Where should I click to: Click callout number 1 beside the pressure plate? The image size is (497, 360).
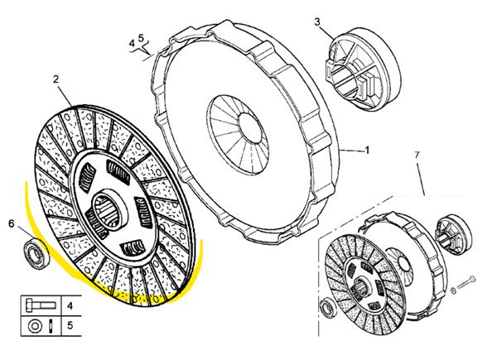click(x=367, y=150)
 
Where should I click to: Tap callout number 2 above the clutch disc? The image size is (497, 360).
click(x=55, y=79)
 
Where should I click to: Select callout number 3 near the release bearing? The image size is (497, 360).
click(x=317, y=22)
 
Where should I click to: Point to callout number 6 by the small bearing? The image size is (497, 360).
click(x=12, y=223)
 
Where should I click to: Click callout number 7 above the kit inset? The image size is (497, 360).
click(x=417, y=156)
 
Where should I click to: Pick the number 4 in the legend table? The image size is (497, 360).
click(x=70, y=306)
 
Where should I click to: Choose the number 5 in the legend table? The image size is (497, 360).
click(x=70, y=325)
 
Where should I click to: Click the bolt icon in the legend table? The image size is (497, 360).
click(x=41, y=305)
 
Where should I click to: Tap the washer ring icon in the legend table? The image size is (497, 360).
click(x=34, y=326)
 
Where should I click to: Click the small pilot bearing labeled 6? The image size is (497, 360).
click(x=36, y=255)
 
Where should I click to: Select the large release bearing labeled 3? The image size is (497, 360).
click(x=364, y=69)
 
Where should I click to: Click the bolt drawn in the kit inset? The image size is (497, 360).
click(x=466, y=283)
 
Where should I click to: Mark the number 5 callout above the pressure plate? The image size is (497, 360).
click(x=141, y=38)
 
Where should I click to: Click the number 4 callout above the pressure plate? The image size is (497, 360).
click(x=132, y=43)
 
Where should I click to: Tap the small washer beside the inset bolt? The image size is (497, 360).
click(x=454, y=290)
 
